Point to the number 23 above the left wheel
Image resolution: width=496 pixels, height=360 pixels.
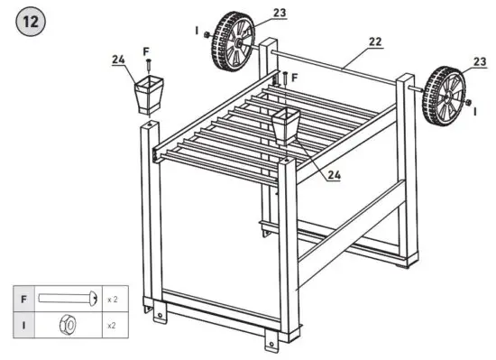click(x=280, y=13)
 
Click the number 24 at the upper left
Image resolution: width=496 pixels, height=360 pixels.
click(x=118, y=60)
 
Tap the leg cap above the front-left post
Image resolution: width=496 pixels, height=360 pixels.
click(x=146, y=96)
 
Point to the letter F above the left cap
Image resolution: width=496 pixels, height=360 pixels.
click(x=146, y=52)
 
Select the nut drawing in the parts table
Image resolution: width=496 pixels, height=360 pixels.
click(x=67, y=324)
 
